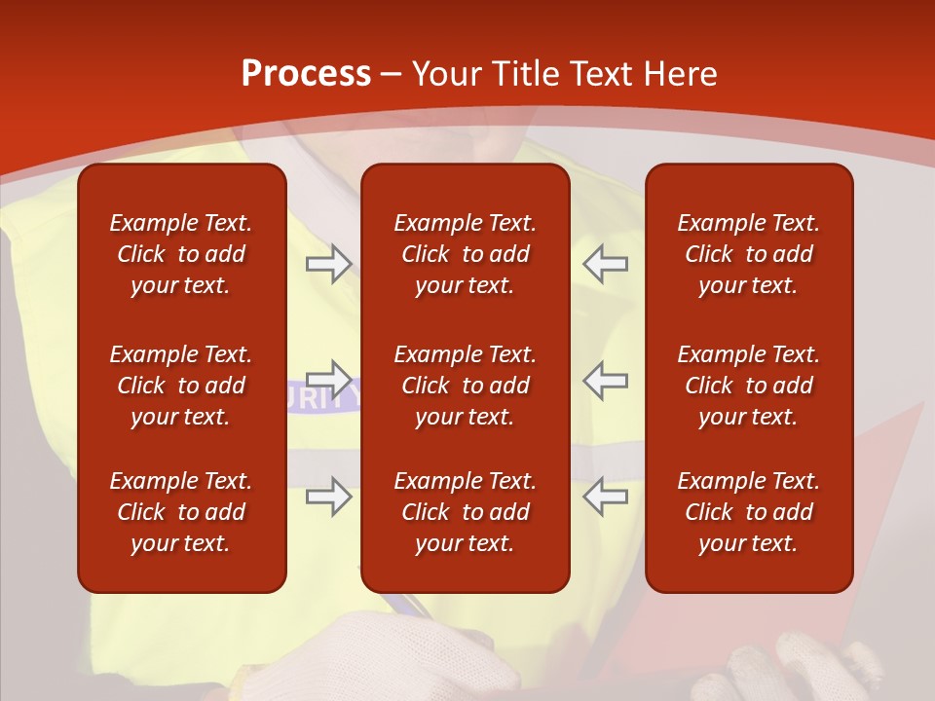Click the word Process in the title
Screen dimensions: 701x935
[306, 74]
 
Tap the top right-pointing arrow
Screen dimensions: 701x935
[328, 264]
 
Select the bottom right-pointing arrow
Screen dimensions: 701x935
[328, 497]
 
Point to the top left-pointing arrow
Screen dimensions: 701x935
[605, 264]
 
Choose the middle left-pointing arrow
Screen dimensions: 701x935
[605, 380]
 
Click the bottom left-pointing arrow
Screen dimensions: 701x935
[605, 497]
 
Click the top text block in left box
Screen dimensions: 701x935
[181, 254]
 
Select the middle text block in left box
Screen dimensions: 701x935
[181, 386]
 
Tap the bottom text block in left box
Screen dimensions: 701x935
[181, 512]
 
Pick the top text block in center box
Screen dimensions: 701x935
[465, 254]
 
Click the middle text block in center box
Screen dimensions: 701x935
[465, 386]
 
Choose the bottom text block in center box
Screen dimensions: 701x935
[465, 512]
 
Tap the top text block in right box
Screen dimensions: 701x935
[748, 254]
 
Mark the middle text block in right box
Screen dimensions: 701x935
[748, 386]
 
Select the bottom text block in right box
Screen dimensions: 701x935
[748, 512]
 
